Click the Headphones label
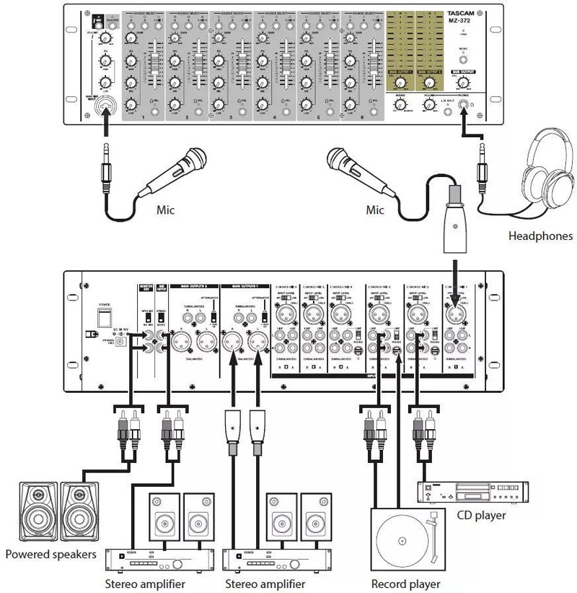[540, 235]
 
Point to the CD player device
[470, 492]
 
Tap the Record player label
[405, 583]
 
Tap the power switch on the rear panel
[103, 316]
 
